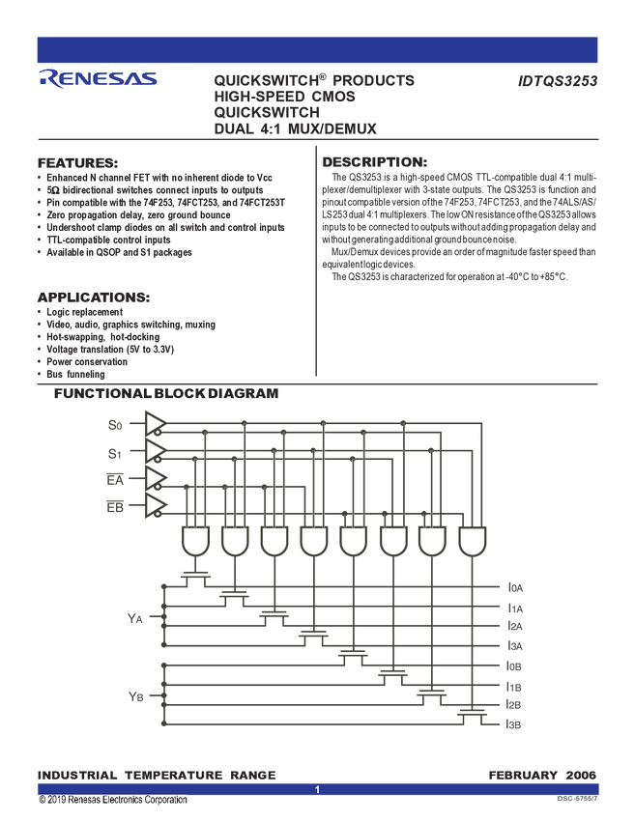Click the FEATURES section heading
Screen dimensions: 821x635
[x=77, y=160]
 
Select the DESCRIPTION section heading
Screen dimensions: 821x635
[x=373, y=160]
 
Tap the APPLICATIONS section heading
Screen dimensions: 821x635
[x=92, y=296]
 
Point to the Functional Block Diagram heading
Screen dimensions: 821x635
[x=165, y=394]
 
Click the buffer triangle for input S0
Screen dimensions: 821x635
[x=155, y=423]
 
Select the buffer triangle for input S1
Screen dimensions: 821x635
[x=155, y=451]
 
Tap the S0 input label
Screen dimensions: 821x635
[x=114, y=424]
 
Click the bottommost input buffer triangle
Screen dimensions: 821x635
[x=155, y=506]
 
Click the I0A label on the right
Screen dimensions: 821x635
[x=515, y=586]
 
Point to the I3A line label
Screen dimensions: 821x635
[x=515, y=644]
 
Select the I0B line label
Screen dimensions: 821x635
[x=515, y=665]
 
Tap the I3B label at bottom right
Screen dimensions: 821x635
[x=515, y=723]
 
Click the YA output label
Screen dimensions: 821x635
[x=134, y=614]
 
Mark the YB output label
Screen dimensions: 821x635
[x=134, y=694]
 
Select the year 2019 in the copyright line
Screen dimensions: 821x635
[x=59, y=801]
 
